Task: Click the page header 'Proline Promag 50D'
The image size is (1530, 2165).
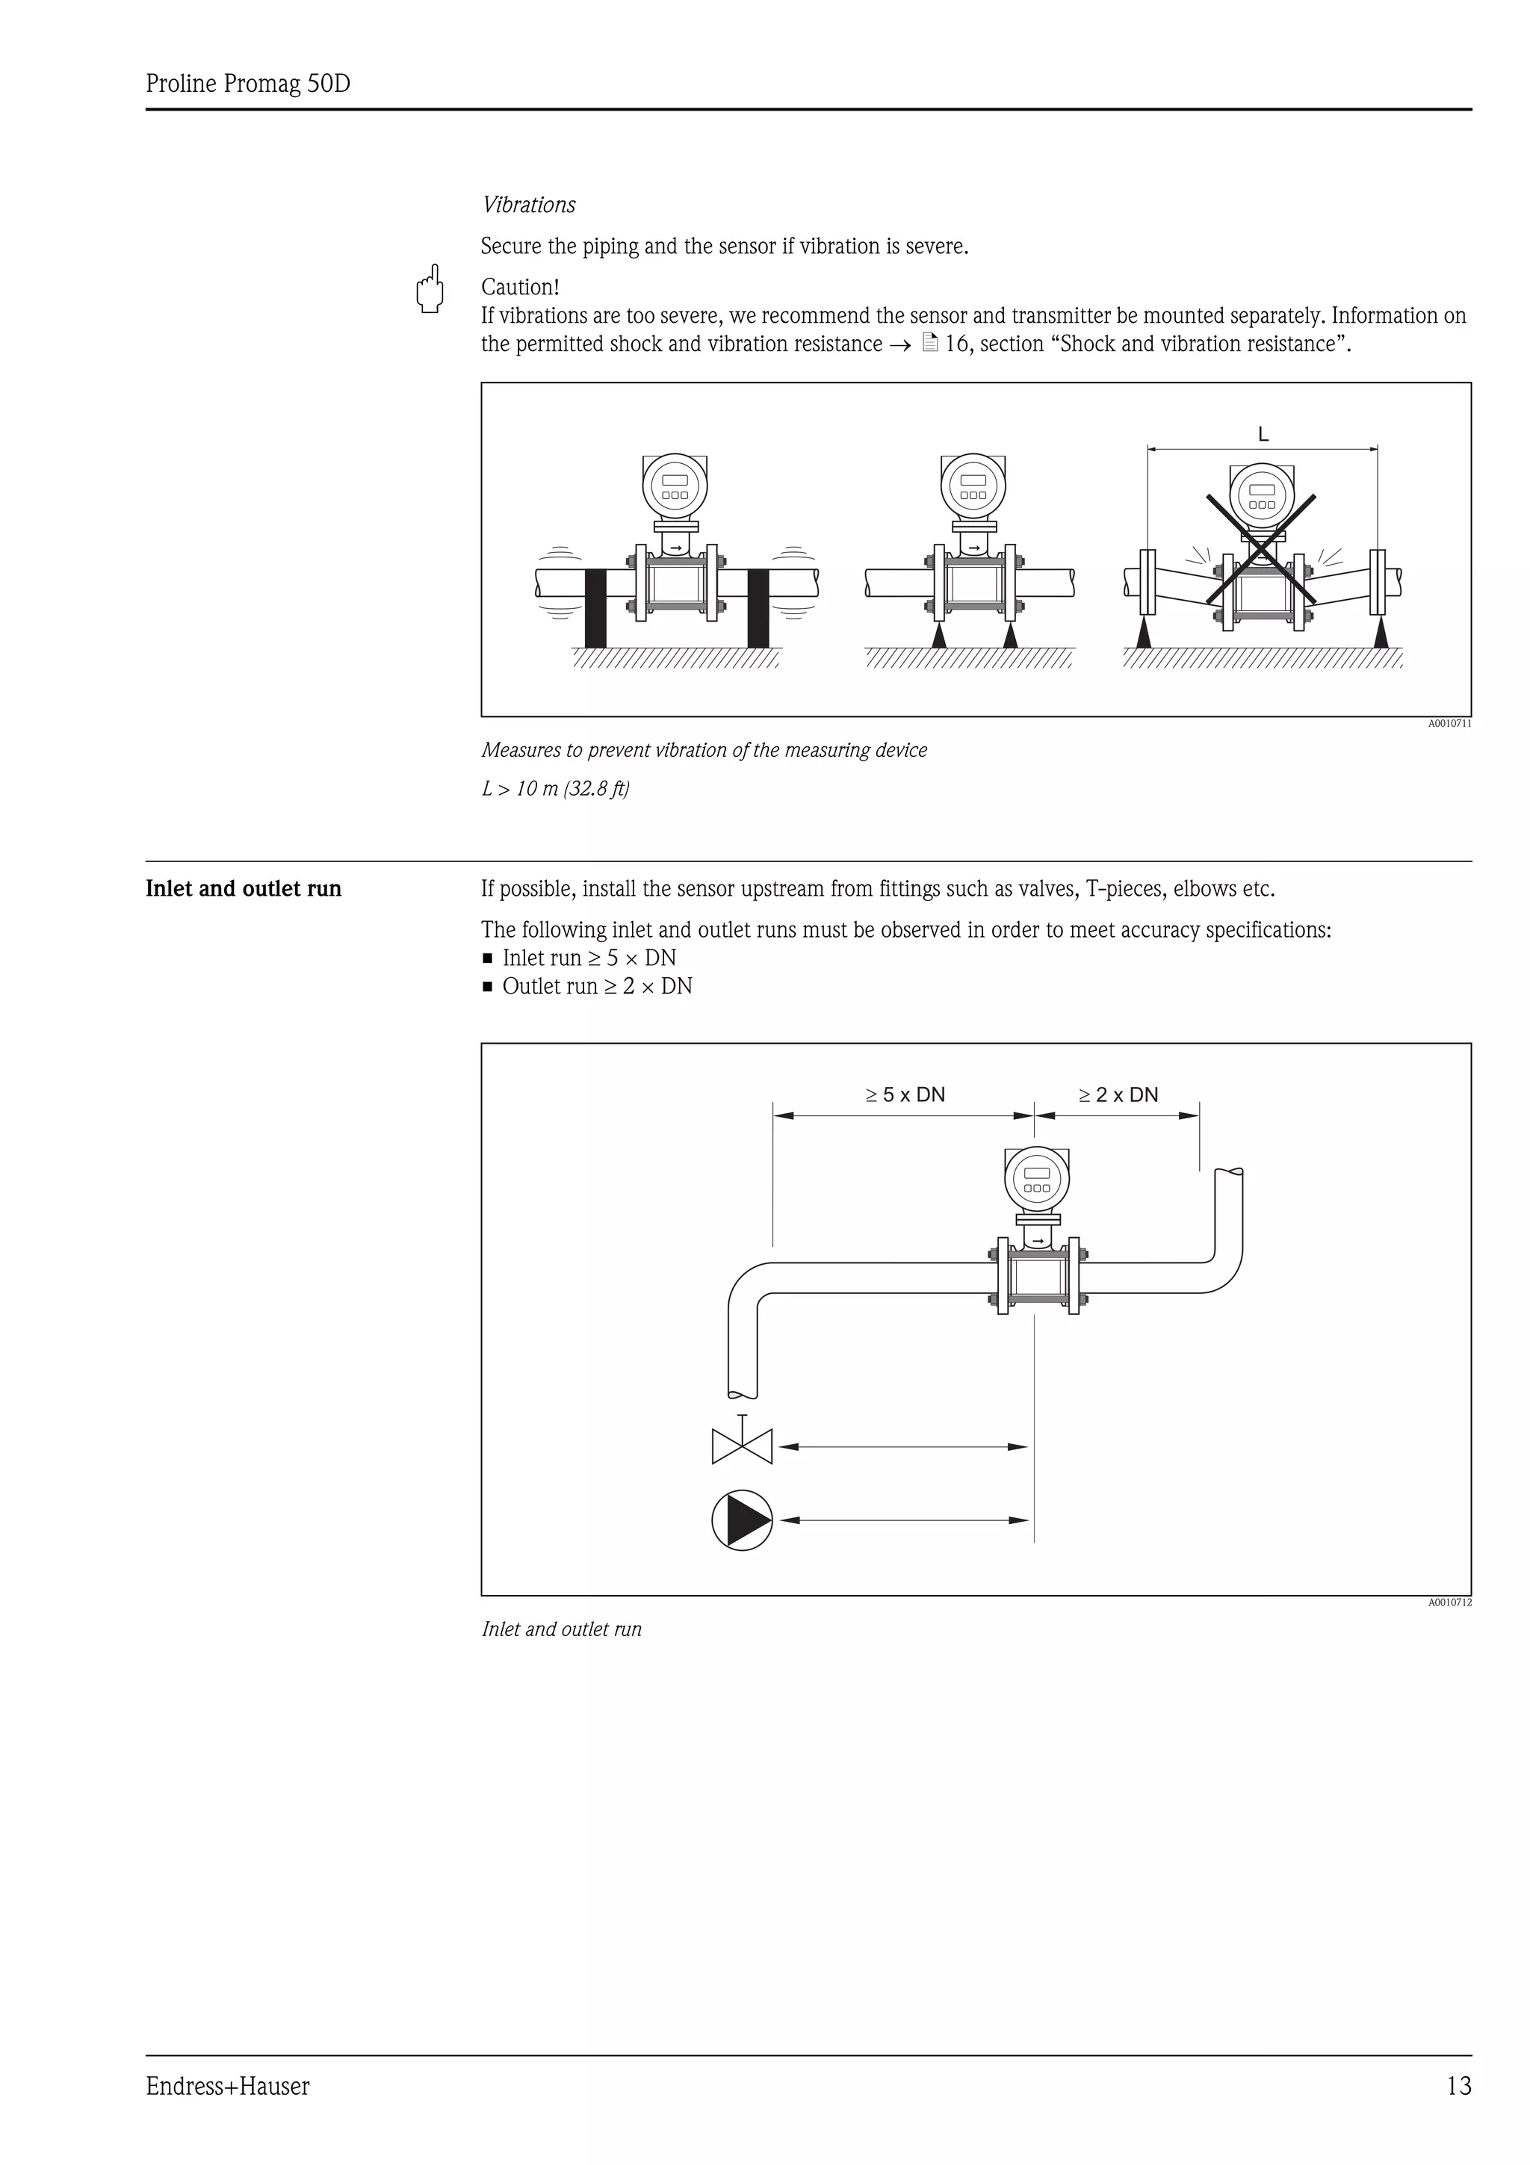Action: (x=248, y=84)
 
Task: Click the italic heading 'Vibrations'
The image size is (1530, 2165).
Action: (x=529, y=205)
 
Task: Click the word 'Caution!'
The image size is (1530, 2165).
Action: (x=519, y=287)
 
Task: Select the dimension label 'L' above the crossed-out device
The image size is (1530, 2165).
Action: (x=1263, y=435)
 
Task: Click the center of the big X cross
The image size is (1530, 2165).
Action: (x=1261, y=548)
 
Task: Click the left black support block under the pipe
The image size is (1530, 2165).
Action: (x=595, y=608)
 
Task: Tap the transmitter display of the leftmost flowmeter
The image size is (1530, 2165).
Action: (x=675, y=486)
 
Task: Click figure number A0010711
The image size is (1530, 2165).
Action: (x=1449, y=724)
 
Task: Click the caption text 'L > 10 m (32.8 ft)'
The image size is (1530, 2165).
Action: (x=555, y=788)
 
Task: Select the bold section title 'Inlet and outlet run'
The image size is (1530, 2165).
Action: (x=244, y=889)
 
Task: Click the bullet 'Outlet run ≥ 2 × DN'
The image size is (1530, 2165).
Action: (x=597, y=986)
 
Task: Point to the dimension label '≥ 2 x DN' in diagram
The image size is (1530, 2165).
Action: (x=1118, y=1094)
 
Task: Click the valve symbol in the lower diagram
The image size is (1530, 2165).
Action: (x=742, y=1446)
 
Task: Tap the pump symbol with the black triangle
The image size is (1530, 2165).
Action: (x=742, y=1520)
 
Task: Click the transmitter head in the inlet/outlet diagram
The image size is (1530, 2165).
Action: (x=1036, y=1179)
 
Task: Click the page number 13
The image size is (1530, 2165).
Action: (x=1458, y=2086)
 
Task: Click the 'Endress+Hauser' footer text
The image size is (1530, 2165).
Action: (x=227, y=2086)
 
